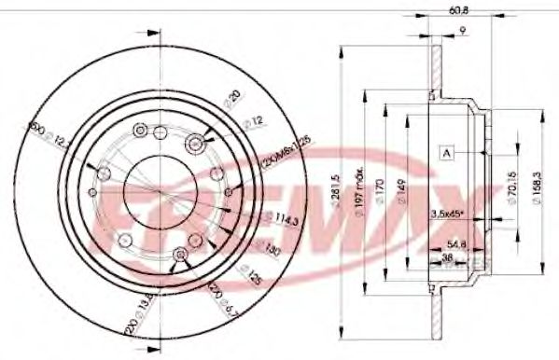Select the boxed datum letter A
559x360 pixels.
tap(447, 154)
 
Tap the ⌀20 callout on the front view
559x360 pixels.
tap(233, 96)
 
